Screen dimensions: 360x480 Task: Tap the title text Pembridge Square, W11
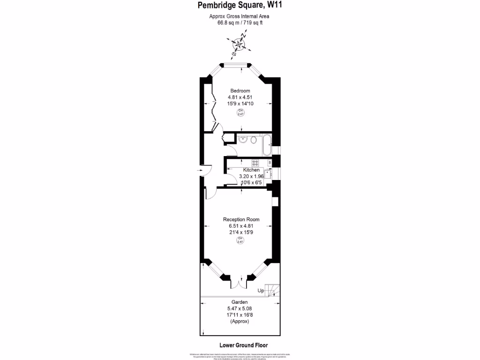(x=240, y=6)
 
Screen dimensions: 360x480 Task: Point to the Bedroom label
(x=240, y=90)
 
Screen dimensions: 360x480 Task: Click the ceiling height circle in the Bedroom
(x=240, y=112)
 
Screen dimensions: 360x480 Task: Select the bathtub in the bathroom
(x=266, y=145)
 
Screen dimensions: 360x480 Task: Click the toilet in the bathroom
(x=254, y=139)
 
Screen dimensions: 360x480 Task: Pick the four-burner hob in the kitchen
(x=255, y=163)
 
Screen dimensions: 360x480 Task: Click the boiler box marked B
(x=269, y=162)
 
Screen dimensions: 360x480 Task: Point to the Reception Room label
(x=241, y=219)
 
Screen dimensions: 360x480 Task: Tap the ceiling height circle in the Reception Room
(x=240, y=240)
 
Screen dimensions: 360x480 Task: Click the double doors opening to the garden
(x=240, y=284)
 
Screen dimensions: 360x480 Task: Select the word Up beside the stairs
(x=260, y=291)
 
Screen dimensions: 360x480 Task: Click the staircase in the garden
(x=272, y=290)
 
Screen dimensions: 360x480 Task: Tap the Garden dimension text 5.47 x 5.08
(x=240, y=308)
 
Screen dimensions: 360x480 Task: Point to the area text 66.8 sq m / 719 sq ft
(x=240, y=22)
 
